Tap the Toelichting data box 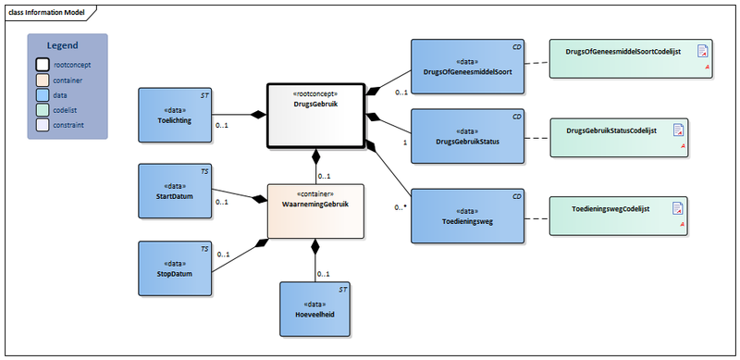(x=176, y=115)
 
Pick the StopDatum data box (x=176, y=268)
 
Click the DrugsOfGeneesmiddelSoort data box (x=467, y=66)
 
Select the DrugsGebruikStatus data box (x=467, y=137)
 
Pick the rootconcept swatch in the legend (x=43, y=65)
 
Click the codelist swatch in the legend (x=43, y=109)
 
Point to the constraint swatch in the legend (x=43, y=124)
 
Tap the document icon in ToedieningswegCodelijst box (x=679, y=208)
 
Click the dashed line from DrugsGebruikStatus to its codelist (x=536, y=138)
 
